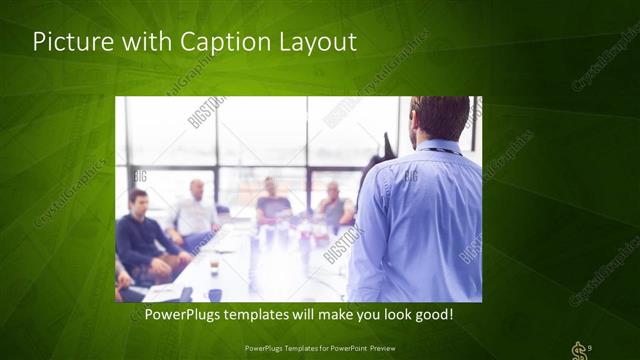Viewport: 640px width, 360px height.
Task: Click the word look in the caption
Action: pos(390,314)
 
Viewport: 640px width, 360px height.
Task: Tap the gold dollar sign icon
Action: pos(577,349)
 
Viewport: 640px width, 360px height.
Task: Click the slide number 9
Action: pos(590,347)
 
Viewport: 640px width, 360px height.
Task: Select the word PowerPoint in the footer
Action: pos(345,348)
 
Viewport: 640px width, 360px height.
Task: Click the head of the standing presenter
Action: pos(440,117)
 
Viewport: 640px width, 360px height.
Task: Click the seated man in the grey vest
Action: pos(334,207)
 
